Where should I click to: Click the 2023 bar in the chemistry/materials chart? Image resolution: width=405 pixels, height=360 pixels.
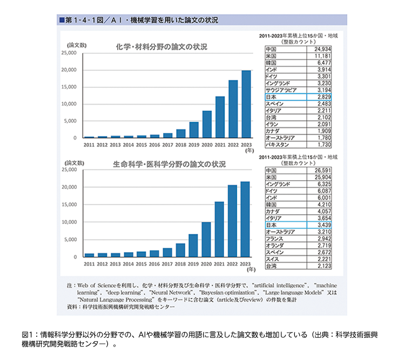click(x=246, y=104)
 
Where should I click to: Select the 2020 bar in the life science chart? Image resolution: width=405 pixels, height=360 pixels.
click(x=206, y=240)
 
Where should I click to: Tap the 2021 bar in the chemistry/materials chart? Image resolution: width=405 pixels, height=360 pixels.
click(x=220, y=117)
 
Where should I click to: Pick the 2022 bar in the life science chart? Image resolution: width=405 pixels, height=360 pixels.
click(x=232, y=221)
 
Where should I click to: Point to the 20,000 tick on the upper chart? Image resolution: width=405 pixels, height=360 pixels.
click(x=69, y=70)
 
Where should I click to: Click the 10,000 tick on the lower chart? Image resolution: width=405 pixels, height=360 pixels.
click(x=69, y=222)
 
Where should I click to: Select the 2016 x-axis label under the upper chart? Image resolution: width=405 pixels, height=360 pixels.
click(x=154, y=145)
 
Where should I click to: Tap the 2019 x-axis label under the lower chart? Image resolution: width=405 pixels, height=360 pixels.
click(x=193, y=264)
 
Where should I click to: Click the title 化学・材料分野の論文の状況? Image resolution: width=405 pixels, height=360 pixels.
click(x=161, y=47)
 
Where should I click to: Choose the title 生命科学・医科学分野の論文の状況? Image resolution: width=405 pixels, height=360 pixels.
click(x=169, y=164)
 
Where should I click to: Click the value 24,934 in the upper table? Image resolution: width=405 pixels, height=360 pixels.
click(x=322, y=49)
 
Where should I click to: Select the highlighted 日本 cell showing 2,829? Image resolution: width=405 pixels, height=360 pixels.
click(x=298, y=97)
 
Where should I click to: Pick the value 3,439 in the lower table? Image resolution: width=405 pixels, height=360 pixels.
click(x=324, y=225)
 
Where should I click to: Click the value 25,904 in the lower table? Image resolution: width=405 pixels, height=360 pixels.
click(x=322, y=177)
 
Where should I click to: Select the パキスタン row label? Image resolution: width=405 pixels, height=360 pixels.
click(x=278, y=145)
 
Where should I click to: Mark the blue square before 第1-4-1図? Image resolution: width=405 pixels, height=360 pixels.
click(x=62, y=20)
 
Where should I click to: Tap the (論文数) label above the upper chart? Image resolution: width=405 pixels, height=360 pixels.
click(x=77, y=45)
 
